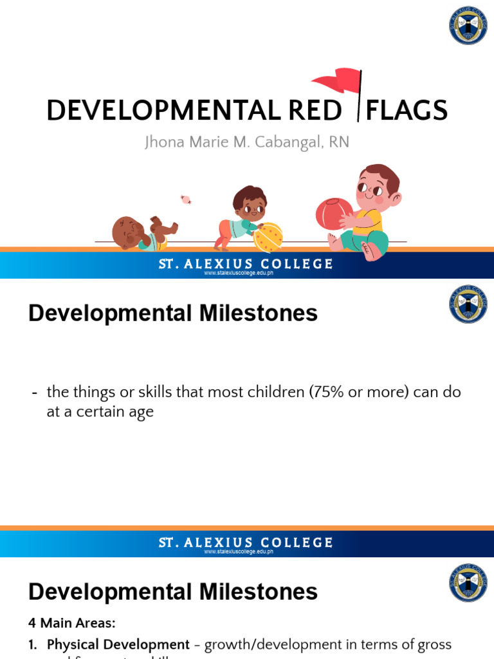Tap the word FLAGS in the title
click(406, 111)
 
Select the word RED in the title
click(314, 111)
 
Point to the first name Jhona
click(165, 142)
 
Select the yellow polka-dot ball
click(268, 237)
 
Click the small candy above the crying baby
click(186, 200)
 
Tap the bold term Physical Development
click(118, 644)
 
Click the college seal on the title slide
click(468, 25)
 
